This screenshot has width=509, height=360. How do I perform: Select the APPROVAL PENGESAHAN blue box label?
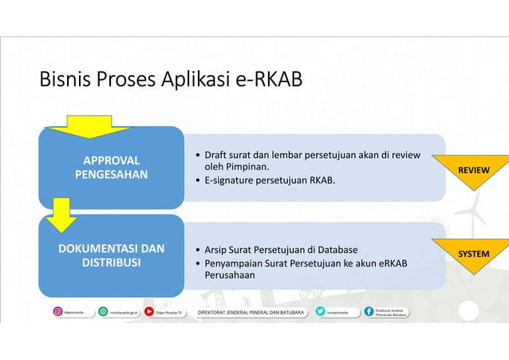(111, 167)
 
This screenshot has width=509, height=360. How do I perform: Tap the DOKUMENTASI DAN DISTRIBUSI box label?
(111, 255)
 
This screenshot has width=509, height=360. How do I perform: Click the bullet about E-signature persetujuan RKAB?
(270, 180)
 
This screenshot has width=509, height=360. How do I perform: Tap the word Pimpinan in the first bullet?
(245, 167)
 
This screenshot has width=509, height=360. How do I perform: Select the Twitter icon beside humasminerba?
(319, 311)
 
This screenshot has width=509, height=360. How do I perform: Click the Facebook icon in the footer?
(369, 311)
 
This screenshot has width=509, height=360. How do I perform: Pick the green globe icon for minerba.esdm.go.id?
(103, 311)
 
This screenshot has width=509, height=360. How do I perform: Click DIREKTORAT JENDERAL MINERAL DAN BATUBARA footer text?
(251, 311)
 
